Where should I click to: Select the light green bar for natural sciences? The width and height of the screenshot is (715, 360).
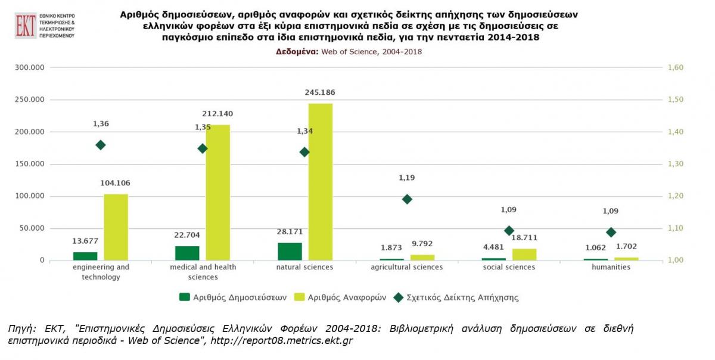click(321, 182)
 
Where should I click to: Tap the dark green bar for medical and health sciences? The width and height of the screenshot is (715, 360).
click(187, 253)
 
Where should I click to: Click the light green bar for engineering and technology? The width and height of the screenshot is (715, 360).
click(116, 227)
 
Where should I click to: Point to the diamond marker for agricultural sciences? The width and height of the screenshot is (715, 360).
click(407, 199)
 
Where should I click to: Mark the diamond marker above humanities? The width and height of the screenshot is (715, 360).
click(611, 232)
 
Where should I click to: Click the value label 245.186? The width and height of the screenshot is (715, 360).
click(321, 92)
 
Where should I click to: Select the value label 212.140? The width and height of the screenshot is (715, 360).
click(218, 114)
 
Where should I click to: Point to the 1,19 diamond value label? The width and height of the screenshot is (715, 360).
click(407, 178)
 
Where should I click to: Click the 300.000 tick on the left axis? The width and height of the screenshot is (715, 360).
click(30, 68)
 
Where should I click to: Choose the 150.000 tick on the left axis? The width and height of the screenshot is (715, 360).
click(30, 164)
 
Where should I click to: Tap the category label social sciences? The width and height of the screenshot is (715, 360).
click(509, 268)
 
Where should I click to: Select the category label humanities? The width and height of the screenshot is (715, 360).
click(611, 268)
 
